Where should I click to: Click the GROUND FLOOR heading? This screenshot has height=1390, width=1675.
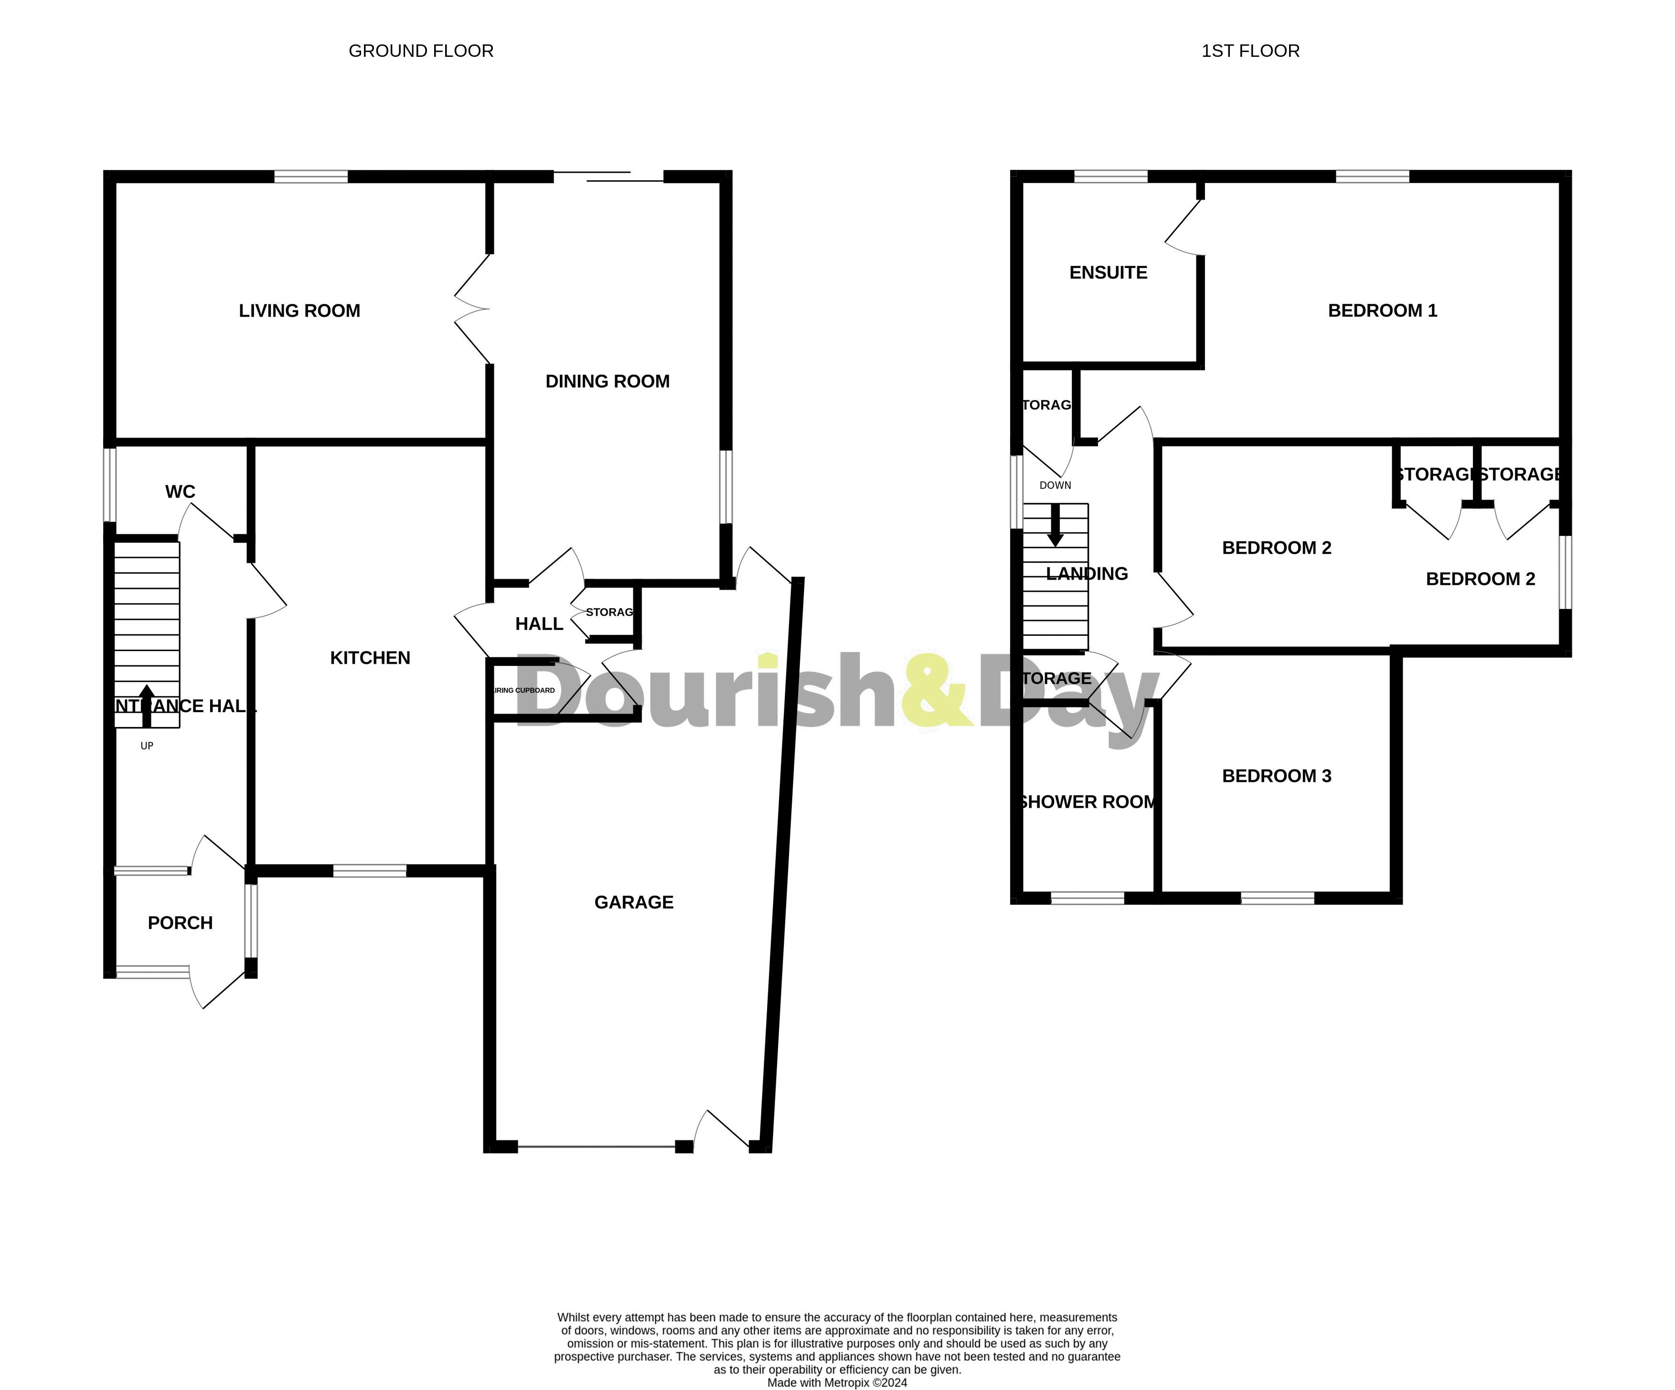[x=421, y=51]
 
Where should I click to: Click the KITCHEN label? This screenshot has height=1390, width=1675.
[x=370, y=658]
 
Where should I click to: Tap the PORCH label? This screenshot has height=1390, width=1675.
[x=180, y=923]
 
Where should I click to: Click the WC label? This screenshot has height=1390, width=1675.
[x=180, y=491]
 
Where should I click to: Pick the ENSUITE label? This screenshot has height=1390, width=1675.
[x=1108, y=273]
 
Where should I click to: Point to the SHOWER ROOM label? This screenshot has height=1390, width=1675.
[x=1088, y=802]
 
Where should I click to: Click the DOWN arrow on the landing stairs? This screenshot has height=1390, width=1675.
[x=1055, y=526]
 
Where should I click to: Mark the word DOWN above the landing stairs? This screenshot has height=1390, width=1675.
[x=1055, y=485]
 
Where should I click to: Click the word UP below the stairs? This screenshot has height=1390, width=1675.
[x=147, y=746]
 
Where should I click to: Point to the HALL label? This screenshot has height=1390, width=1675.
[x=539, y=624]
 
